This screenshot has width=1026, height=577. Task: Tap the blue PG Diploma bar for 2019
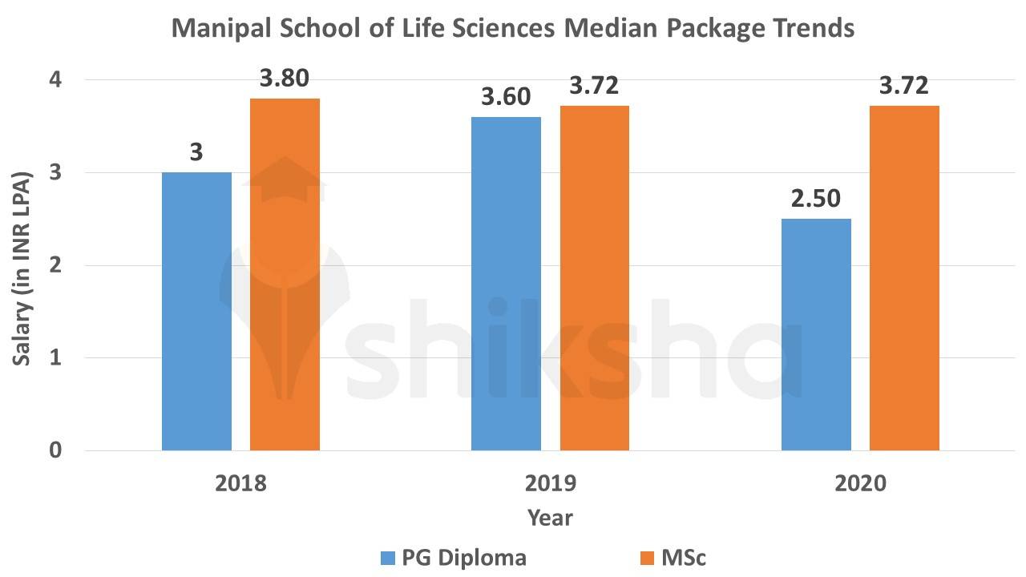tap(506, 284)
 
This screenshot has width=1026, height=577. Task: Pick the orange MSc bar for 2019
tap(594, 278)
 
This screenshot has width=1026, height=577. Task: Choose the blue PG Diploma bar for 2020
tap(815, 334)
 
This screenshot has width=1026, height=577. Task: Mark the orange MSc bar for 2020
tap(904, 278)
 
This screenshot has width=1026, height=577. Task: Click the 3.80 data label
tap(285, 79)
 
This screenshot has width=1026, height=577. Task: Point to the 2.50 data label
tap(815, 199)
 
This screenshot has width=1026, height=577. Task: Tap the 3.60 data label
tap(506, 97)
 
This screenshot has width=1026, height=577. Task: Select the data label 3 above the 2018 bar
tap(196, 152)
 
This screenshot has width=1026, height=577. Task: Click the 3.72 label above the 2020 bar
tap(904, 86)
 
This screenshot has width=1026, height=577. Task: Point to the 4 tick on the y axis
tap(56, 80)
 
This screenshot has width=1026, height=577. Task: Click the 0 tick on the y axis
tap(56, 450)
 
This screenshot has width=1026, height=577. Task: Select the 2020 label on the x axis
tap(860, 485)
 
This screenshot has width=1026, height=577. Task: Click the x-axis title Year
tap(550, 518)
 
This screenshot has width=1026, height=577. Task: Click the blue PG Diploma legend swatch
tap(389, 557)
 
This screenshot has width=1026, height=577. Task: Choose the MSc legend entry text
tap(684, 557)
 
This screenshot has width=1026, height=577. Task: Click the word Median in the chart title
tap(617, 29)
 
